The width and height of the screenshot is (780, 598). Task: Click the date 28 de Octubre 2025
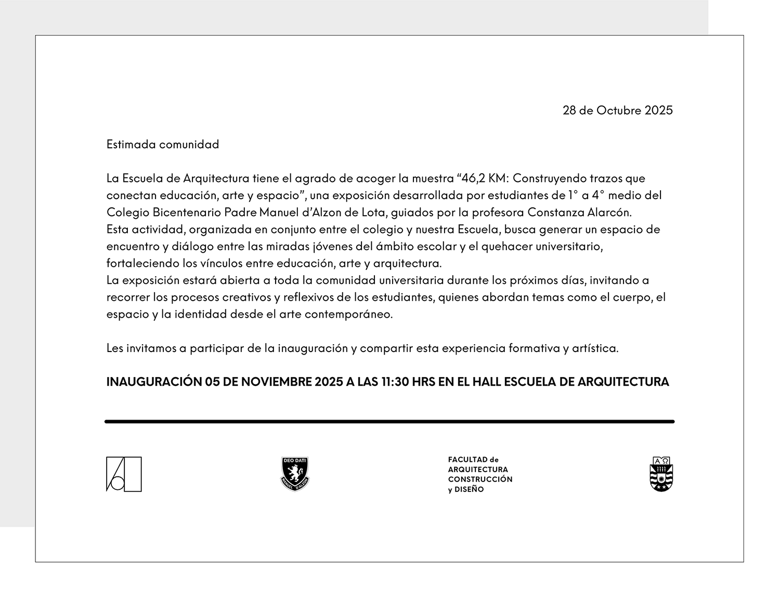(617, 110)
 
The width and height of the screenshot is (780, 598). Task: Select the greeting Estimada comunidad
(163, 144)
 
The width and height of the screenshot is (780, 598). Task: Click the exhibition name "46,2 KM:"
(483, 178)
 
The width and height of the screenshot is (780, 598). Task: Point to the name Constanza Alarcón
(579, 212)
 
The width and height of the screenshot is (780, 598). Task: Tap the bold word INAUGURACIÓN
(154, 382)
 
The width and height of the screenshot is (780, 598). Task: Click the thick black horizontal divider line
(389, 422)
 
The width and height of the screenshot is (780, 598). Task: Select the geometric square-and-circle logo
(124, 474)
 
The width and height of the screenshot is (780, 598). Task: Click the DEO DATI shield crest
(295, 474)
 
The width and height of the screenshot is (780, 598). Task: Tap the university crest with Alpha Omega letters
(661, 474)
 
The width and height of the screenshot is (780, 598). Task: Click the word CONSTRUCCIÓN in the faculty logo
(480, 479)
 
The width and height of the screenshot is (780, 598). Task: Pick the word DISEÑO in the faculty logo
(469, 489)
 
